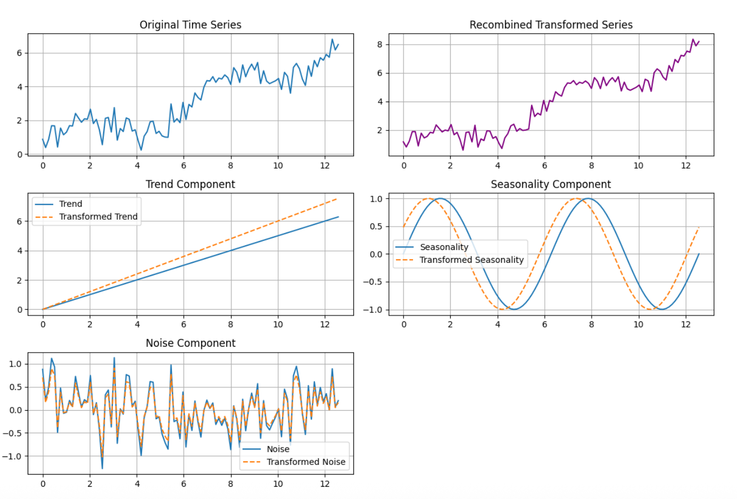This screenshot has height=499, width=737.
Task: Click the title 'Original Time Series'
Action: click(190, 24)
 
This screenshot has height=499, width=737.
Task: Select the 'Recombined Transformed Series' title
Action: click(551, 24)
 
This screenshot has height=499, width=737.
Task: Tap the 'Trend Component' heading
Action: click(190, 184)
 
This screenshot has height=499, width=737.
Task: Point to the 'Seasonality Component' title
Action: click(551, 184)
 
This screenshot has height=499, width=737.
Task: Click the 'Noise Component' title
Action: click(191, 343)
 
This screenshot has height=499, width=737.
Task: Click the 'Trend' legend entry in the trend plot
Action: click(70, 204)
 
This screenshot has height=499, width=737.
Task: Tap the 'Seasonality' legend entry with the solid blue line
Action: click(444, 247)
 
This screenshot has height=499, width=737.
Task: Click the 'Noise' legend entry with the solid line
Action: click(278, 449)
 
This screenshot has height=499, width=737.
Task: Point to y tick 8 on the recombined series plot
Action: click(379, 44)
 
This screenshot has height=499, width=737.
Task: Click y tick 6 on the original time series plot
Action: click(19, 53)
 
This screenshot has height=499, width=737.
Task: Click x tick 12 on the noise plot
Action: click(325, 484)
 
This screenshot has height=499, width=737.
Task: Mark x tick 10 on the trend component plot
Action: click(278, 325)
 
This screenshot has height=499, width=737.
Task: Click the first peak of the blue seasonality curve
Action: click(440, 198)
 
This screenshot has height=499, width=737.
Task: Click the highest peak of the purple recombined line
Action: click(693, 39)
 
